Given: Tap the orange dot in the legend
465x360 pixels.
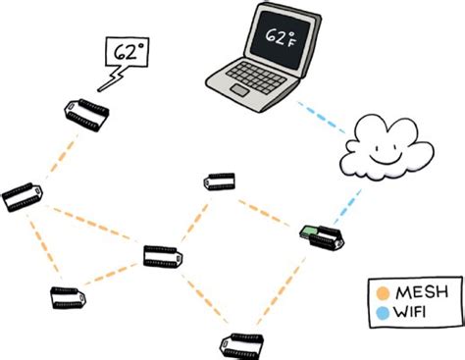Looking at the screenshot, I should (384, 292).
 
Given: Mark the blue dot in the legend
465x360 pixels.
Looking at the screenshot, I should (384, 311).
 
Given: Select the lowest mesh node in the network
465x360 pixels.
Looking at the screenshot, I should (238, 343).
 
